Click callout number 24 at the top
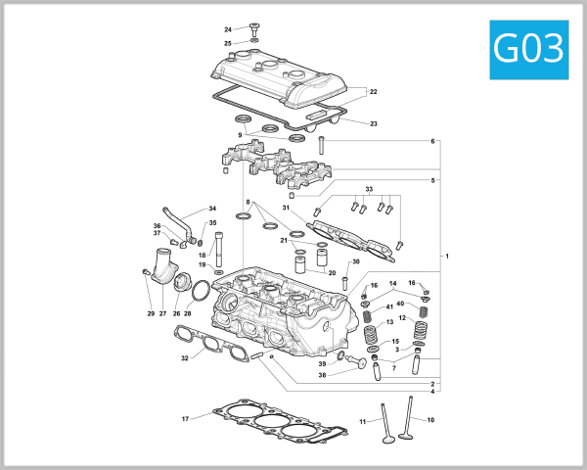pos(228,29)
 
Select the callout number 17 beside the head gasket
pos(184,419)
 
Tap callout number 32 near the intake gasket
pos(184,358)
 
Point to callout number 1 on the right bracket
pos(447,257)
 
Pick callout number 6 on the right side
pos(432,142)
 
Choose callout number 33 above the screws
pos(369,189)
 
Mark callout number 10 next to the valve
pos(430,420)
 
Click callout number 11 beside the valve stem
pos(361,421)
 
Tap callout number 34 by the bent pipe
pos(212,209)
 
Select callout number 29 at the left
pos(151,313)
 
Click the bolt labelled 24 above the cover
pos(254,29)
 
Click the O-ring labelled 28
pos(201,291)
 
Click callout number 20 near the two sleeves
pos(332,273)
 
